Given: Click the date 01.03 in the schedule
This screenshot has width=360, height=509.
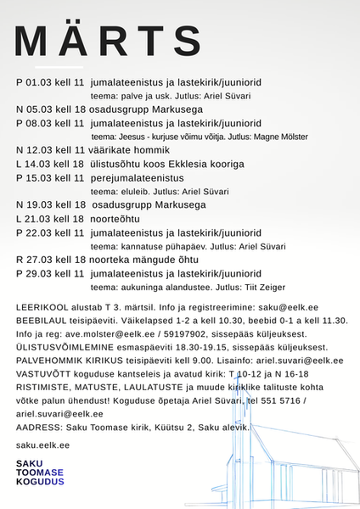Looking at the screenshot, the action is click(42, 82).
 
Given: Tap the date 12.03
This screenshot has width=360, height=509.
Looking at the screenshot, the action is click(42, 150).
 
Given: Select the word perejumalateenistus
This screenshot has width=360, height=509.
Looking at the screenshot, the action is click(137, 177).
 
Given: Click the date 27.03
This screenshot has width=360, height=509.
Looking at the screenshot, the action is click(42, 260).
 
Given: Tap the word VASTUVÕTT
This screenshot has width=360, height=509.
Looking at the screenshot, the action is click(44, 374).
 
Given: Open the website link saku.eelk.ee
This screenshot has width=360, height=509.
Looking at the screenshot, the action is click(42, 445).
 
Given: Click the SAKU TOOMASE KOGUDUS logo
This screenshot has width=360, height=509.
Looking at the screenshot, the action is click(39, 473).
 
